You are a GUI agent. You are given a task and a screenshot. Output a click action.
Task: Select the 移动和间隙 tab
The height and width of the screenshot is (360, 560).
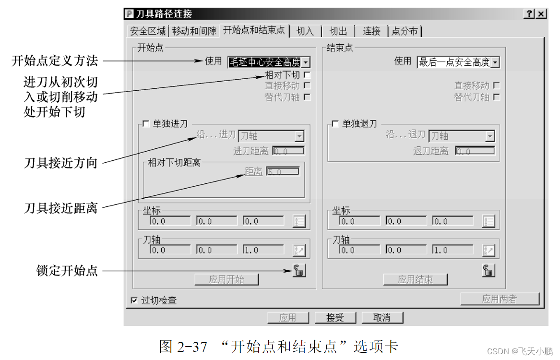pyautogui.click(x=194, y=31)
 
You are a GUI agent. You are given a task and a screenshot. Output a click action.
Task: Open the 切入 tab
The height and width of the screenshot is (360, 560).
pyautogui.click(x=305, y=31)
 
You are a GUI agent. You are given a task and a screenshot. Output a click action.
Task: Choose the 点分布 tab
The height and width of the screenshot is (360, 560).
pyautogui.click(x=405, y=31)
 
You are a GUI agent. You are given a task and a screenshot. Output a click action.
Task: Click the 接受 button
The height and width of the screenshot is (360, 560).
pyautogui.click(x=335, y=318)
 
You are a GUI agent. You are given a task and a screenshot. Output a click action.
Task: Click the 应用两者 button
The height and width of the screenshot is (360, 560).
pyautogui.click(x=500, y=299)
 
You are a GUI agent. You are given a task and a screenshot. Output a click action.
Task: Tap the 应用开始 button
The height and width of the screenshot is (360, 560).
pyautogui.click(x=226, y=279)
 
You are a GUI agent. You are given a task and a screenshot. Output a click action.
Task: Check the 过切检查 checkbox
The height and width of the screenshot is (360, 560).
pyautogui.click(x=134, y=300)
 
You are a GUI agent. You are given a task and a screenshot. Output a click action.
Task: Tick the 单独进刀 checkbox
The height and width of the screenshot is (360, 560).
pyautogui.click(x=146, y=124)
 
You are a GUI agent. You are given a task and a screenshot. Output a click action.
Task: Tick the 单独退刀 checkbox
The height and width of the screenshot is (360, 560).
pyautogui.click(x=335, y=124)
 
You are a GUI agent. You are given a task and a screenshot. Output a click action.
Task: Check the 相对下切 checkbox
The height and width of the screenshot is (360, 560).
pyautogui.click(x=307, y=75)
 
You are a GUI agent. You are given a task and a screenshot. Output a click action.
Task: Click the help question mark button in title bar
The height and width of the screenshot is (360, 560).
pyautogui.click(x=529, y=14)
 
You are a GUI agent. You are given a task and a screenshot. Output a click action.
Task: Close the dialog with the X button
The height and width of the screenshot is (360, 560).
pyautogui.click(x=541, y=14)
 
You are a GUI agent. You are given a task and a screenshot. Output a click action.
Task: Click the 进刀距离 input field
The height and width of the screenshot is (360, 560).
pyautogui.click(x=288, y=151)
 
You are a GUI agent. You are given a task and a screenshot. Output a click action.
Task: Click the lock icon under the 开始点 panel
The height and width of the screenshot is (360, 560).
pyautogui.click(x=299, y=271)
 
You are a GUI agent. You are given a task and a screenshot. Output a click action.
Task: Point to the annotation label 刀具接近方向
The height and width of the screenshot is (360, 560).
pyautogui.click(x=61, y=163)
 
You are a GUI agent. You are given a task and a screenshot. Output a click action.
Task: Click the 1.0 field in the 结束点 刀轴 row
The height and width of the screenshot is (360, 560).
pyautogui.click(x=453, y=250)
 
